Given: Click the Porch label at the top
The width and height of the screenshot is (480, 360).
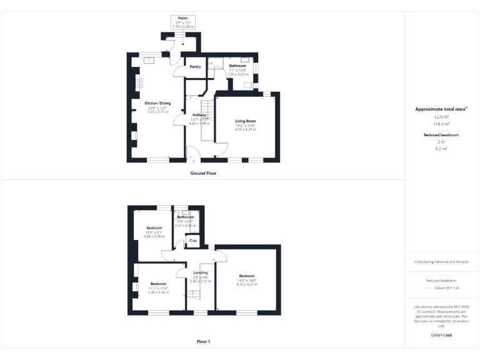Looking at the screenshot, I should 182,18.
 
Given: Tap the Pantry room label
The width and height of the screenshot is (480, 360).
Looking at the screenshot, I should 195,67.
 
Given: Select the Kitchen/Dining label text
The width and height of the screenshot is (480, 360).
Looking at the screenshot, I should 157,103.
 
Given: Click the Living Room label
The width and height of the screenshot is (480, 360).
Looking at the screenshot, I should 246,121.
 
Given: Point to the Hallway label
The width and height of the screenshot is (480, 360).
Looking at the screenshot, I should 199,115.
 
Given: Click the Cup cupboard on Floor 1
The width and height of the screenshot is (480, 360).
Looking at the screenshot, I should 193,240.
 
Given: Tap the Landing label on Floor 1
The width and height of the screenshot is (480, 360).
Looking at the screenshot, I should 201,272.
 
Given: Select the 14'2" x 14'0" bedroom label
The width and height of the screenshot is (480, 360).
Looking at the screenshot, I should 247,276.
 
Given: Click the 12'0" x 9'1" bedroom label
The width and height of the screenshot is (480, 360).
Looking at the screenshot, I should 154,228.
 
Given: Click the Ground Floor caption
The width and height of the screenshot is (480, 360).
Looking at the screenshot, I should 203,173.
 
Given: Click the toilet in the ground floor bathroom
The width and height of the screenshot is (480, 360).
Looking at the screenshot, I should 251,83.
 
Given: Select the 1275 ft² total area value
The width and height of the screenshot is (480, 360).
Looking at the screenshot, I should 442,117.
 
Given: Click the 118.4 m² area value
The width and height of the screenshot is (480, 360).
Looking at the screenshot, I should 442,124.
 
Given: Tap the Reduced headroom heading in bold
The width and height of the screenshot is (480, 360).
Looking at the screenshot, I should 442,135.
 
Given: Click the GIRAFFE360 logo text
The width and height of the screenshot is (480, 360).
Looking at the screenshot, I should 442,336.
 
